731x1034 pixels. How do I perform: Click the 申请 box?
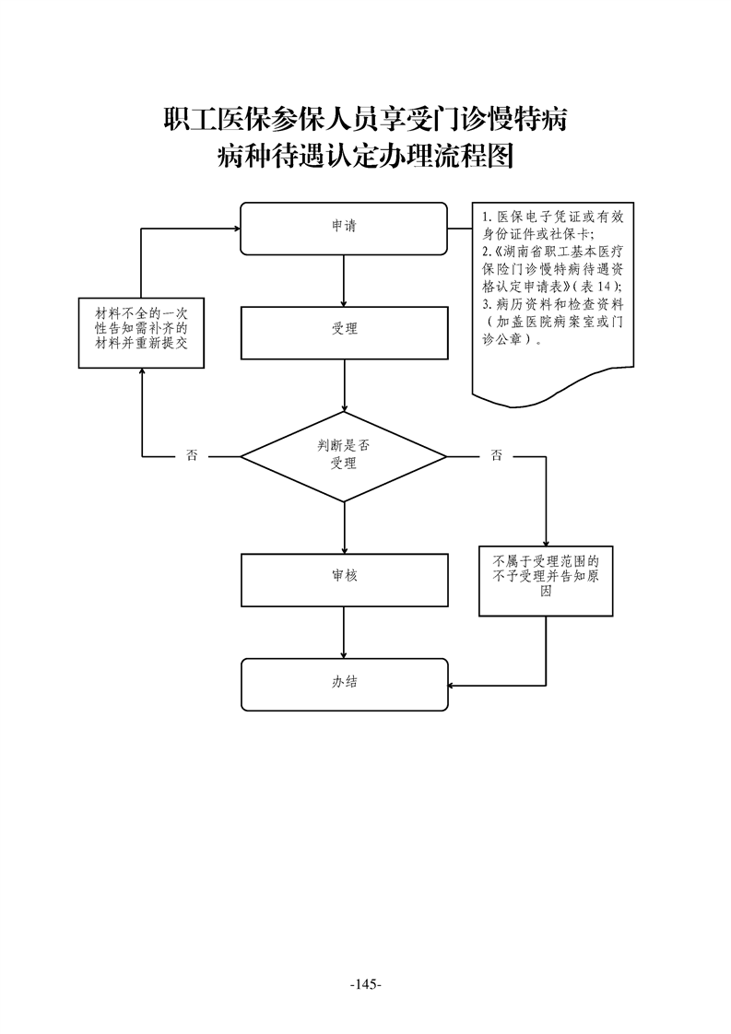tap(344, 228)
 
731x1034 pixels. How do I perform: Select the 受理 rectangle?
tap(344, 332)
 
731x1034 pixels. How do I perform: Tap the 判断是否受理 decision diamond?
tap(344, 455)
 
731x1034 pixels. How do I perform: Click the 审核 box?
tap(344, 580)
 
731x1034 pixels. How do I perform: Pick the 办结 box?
tap(344, 685)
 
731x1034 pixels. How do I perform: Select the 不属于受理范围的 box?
tap(547, 581)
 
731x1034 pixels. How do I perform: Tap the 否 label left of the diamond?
tap(192, 455)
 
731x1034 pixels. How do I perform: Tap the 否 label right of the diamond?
tap(497, 455)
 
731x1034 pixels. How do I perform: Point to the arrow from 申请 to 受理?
tap(344, 280)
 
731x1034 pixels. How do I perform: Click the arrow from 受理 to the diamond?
tap(344, 385)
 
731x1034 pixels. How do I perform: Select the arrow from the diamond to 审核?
tap(344, 528)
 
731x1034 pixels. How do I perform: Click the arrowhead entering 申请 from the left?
tap(234, 228)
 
